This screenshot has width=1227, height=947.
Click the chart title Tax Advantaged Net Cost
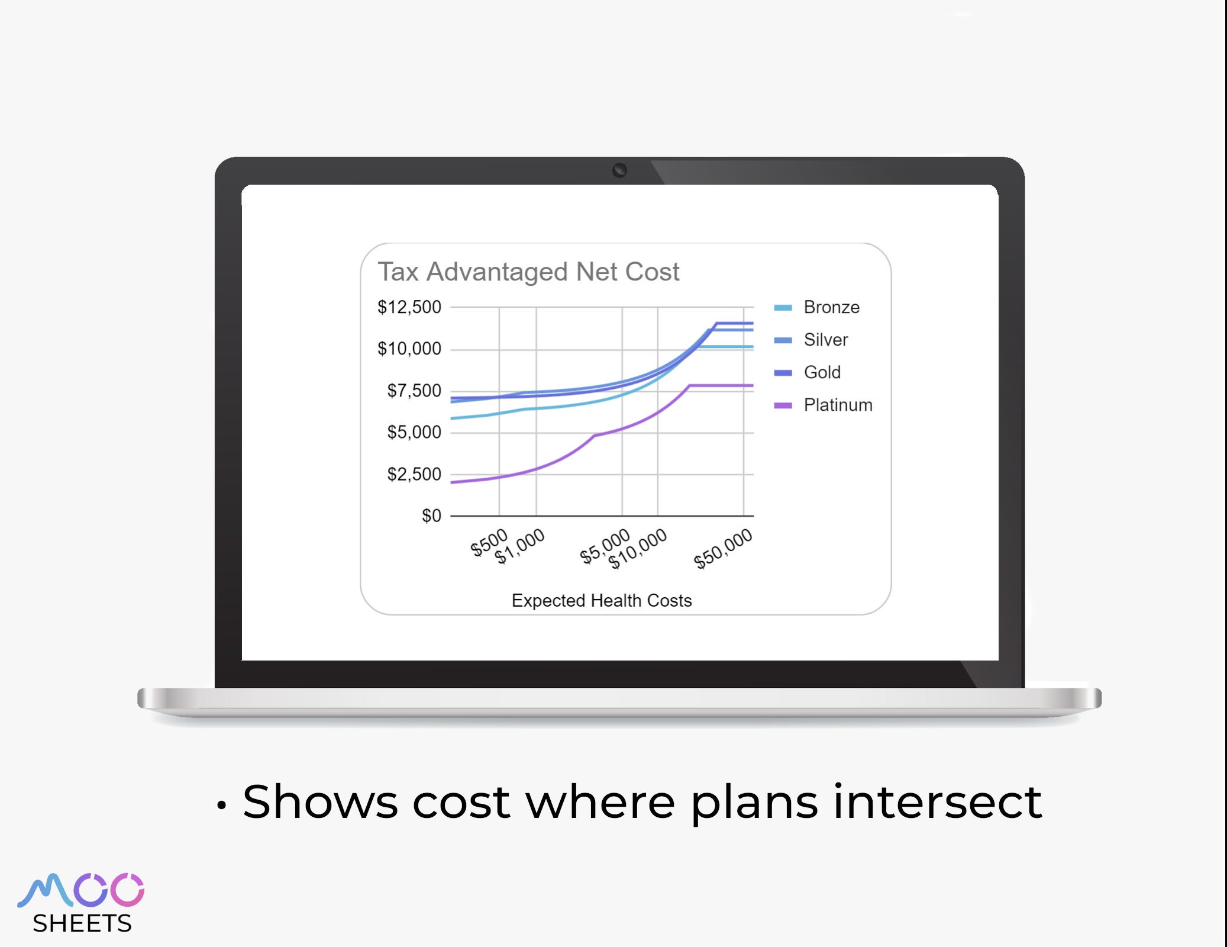click(528, 272)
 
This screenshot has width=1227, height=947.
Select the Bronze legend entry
click(831, 307)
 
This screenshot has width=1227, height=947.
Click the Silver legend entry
click(825, 340)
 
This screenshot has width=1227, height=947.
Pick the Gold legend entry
click(822, 372)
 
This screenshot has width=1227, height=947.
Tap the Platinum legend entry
click(837, 405)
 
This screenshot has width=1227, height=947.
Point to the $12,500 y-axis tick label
click(409, 307)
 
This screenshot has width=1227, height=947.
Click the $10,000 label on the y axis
click(409, 349)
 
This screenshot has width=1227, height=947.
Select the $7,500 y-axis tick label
click(414, 391)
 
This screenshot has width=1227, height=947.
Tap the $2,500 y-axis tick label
click(414, 474)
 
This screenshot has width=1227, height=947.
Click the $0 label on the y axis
click(431, 516)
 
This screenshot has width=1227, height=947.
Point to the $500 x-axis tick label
click(489, 542)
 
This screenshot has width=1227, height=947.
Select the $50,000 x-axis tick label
click(723, 549)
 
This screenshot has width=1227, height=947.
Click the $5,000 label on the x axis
click(605, 546)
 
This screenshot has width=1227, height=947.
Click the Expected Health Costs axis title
click(602, 600)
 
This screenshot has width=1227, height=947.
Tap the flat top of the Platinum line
click(722, 385)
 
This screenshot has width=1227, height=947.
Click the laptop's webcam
click(619, 170)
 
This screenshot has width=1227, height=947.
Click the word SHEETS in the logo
click(82, 923)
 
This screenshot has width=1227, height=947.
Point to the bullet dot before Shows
click(221, 806)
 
